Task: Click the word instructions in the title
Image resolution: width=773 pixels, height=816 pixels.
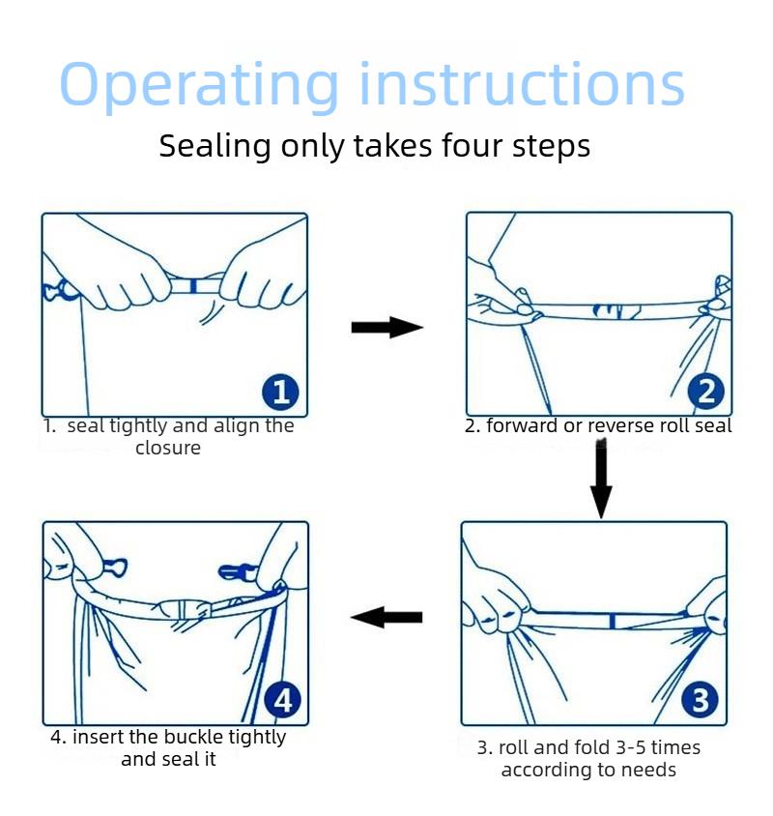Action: pos(522,83)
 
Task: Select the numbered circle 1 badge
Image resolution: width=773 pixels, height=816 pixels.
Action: pos(280,392)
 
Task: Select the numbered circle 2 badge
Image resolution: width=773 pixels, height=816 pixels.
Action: pos(706,392)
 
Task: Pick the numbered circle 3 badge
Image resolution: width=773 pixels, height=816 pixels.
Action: pos(701,700)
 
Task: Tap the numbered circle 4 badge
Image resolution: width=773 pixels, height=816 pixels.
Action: pos(282,700)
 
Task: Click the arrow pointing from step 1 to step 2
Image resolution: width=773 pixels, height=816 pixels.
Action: pos(387,328)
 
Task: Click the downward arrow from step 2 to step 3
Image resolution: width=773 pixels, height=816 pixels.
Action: pos(601,479)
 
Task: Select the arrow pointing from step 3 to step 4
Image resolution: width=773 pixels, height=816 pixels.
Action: pos(386,617)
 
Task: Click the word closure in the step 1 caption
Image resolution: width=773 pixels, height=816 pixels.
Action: pos(168,448)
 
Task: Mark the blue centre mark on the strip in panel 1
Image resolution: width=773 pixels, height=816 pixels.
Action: pos(193,286)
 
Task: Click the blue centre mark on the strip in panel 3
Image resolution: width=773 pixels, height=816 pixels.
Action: pos(613,621)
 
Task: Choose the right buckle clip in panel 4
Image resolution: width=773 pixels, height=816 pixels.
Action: pos(237,571)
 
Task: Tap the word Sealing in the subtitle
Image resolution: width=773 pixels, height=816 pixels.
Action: pos(215,146)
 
